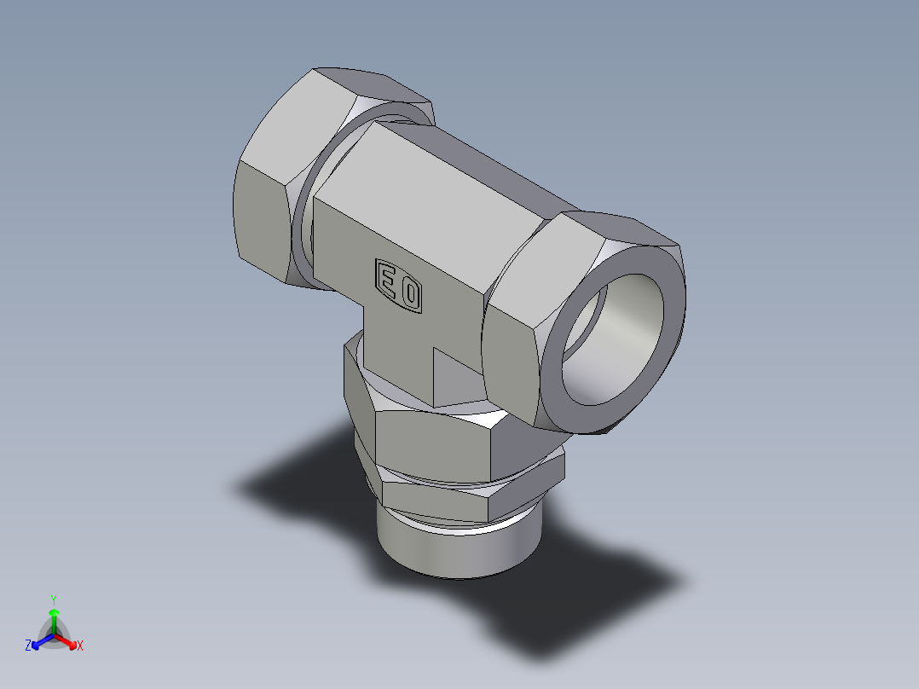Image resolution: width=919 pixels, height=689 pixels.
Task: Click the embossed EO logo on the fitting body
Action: [399, 287]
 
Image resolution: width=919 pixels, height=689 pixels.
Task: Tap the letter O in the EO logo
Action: [411, 294]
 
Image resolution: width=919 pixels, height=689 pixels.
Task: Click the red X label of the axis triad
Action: [80, 646]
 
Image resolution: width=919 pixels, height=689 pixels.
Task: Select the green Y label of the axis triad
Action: [53, 599]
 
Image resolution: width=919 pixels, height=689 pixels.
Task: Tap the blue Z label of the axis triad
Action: [28, 646]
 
